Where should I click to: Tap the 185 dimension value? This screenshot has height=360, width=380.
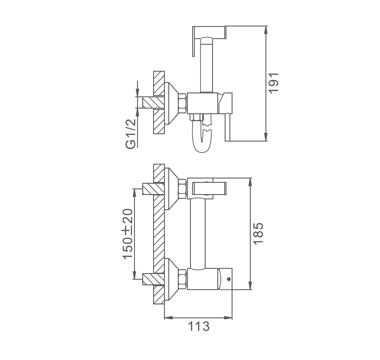pyautogui.click(x=258, y=234)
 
